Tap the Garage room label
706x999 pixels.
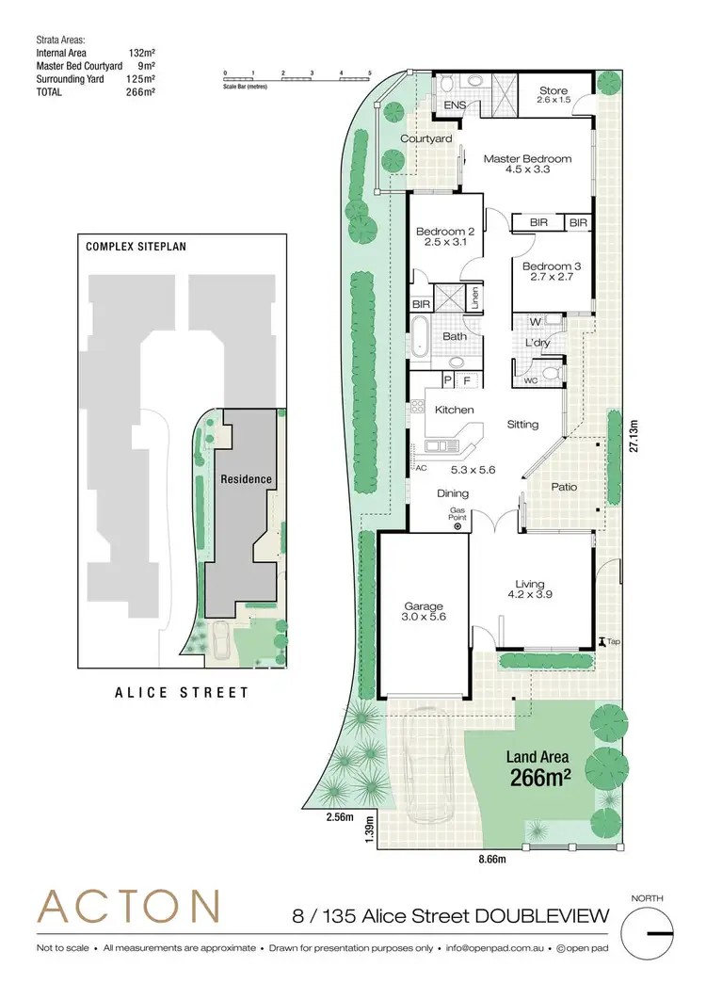pyautogui.click(x=424, y=606)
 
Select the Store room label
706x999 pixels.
pyautogui.click(x=553, y=90)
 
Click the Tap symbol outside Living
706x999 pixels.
pyautogui.click(x=602, y=641)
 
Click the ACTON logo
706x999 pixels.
pyautogui.click(x=129, y=907)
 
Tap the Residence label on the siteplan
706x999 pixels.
pyautogui.click(x=246, y=479)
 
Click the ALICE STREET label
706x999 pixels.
pyautogui.click(x=182, y=692)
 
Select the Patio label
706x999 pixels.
pyautogui.click(x=564, y=487)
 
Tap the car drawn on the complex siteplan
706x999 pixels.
pyautogui.click(x=223, y=644)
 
